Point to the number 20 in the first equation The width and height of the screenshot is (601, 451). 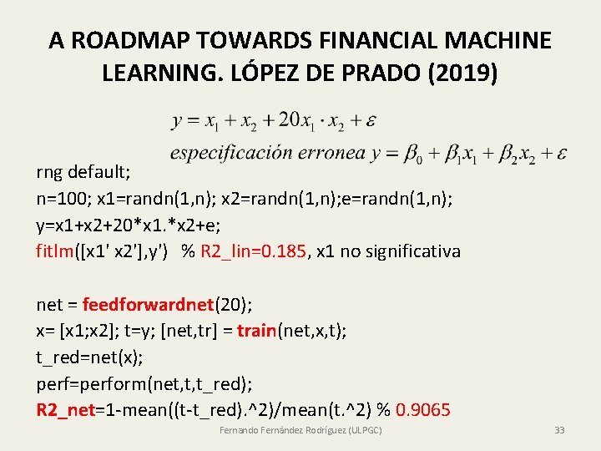coord(289,120)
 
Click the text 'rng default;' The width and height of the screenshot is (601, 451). coord(83,173)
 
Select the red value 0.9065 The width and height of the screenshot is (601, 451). coord(423,410)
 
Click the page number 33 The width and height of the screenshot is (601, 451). coord(559,430)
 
